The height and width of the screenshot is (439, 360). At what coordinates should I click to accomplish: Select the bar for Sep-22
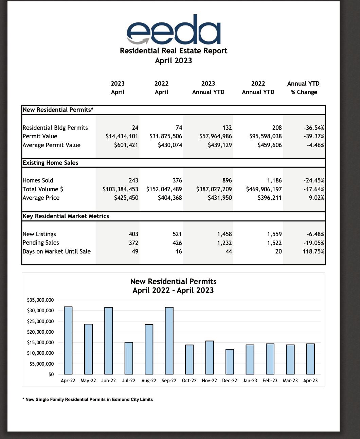169,340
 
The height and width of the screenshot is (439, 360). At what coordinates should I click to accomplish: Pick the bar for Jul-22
129,358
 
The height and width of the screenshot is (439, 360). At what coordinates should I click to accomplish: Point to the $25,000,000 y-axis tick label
40,321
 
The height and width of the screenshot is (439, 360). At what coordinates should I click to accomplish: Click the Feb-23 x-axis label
270,381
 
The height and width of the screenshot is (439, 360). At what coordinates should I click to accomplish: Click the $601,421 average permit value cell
126,145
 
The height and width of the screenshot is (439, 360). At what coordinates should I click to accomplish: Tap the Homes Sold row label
38,180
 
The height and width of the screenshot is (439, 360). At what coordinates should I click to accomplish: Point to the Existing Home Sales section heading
51,163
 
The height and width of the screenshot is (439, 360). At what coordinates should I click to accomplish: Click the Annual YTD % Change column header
303,88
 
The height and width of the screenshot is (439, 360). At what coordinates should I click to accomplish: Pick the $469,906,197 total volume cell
264,189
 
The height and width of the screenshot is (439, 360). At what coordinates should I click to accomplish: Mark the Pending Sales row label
41,243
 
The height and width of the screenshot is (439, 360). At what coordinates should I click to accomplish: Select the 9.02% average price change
317,198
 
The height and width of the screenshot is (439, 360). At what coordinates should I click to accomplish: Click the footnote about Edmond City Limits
88,400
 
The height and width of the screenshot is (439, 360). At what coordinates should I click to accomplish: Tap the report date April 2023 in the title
174,60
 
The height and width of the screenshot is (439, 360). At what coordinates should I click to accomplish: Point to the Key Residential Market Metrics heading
66,216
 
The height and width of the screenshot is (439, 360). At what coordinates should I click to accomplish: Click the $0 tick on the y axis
51,374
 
